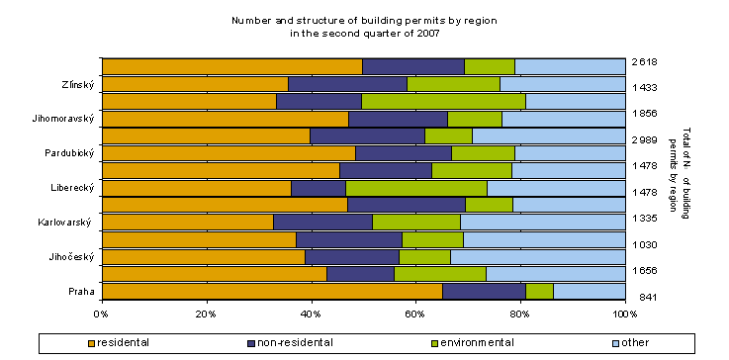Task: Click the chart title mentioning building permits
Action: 363,26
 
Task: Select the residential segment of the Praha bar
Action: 271,291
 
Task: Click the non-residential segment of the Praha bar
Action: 484,291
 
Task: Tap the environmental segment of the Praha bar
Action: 539,291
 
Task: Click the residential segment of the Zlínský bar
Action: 195,84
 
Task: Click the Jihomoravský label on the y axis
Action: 66,119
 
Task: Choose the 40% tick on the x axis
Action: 311,314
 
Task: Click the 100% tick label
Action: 624,314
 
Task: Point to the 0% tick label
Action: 102,314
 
